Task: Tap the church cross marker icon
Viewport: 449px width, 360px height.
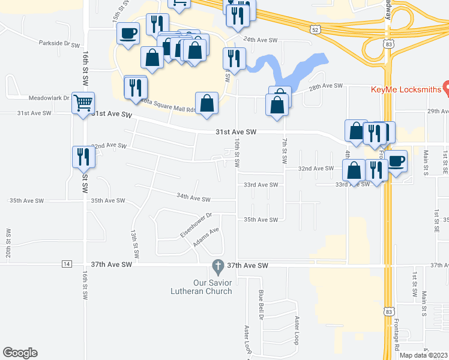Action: (x=219, y=265)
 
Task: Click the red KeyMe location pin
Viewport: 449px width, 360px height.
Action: (x=446, y=88)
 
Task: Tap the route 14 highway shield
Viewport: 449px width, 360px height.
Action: (x=67, y=264)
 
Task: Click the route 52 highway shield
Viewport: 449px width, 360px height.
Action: (x=316, y=29)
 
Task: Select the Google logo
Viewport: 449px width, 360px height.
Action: (x=20, y=353)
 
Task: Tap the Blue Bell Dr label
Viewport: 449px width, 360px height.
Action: (x=261, y=305)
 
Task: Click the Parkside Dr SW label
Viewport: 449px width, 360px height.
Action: (x=59, y=44)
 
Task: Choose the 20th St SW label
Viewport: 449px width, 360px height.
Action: (x=9, y=243)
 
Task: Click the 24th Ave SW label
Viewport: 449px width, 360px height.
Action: (x=260, y=40)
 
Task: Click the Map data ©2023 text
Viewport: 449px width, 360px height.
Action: (x=422, y=355)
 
